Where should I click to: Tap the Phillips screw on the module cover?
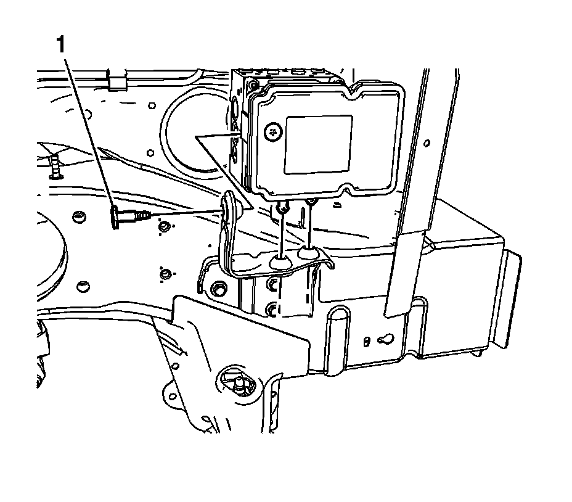click(272, 131)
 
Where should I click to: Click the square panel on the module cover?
click(318, 143)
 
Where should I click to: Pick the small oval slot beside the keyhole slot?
click(367, 340)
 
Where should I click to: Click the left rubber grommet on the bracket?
click(281, 262)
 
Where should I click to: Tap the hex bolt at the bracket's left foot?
click(218, 289)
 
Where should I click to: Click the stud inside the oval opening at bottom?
click(235, 383)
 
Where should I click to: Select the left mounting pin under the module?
click(281, 210)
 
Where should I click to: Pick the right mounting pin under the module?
click(311, 203)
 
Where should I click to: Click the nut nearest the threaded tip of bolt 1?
click(163, 228)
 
